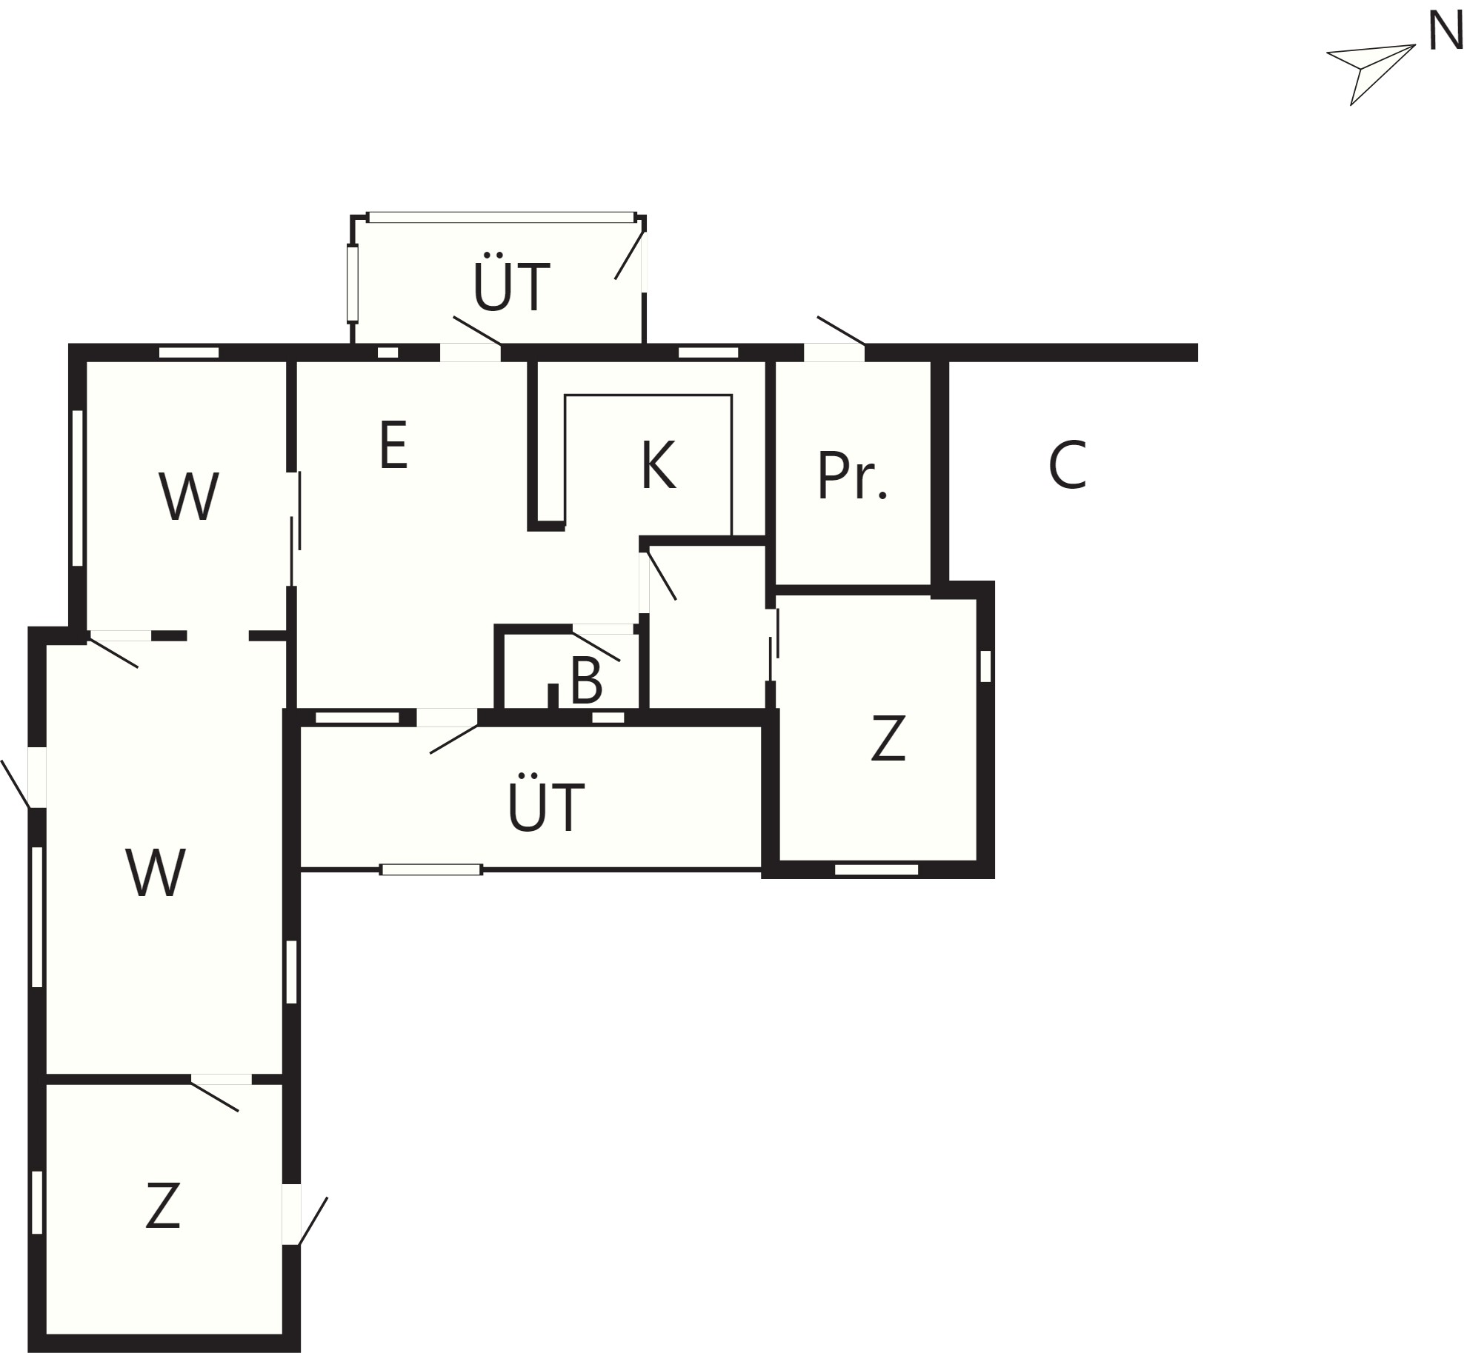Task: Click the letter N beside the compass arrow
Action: point(1445,32)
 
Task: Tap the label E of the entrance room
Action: point(393,444)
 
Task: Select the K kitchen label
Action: point(658,465)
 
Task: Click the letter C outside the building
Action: point(1067,465)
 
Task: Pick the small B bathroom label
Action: point(586,681)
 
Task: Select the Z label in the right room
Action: point(888,738)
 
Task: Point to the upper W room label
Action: point(188,496)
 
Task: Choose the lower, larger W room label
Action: point(155,872)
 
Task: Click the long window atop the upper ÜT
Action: point(502,217)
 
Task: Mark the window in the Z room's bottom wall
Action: point(876,869)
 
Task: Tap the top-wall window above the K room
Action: point(708,353)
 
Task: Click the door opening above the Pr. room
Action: point(834,353)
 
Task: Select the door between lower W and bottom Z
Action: point(222,1079)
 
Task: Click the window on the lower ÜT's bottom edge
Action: point(431,869)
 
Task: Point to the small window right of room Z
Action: point(985,666)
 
